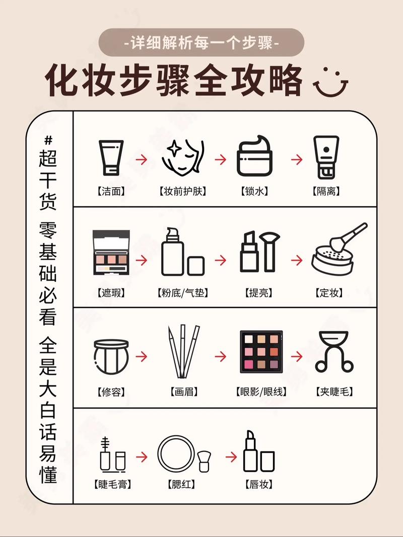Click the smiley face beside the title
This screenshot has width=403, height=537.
coord(331,81)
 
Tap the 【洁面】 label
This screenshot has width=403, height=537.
coord(111,192)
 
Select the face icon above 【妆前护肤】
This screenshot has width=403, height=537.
coord(182,157)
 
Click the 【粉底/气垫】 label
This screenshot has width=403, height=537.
coord(182,292)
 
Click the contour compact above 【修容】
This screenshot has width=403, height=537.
coord(111,356)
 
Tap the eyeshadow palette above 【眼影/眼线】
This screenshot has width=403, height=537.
coord(261,352)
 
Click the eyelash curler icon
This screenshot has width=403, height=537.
coord(334,352)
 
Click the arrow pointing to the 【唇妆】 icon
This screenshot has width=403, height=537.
coord(231,457)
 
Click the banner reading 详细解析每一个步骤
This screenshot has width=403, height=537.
coord(201,42)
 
